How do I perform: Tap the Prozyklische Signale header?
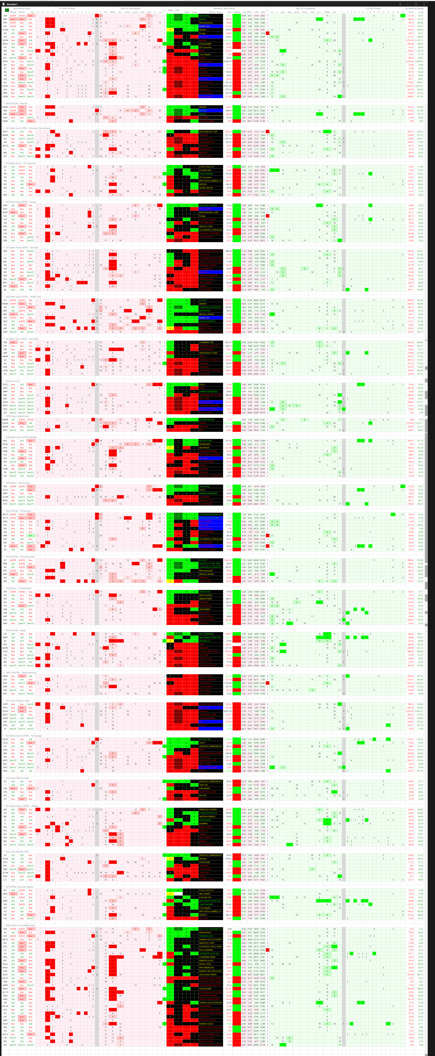414,8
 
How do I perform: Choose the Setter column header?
195,12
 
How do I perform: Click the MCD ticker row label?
5,132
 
